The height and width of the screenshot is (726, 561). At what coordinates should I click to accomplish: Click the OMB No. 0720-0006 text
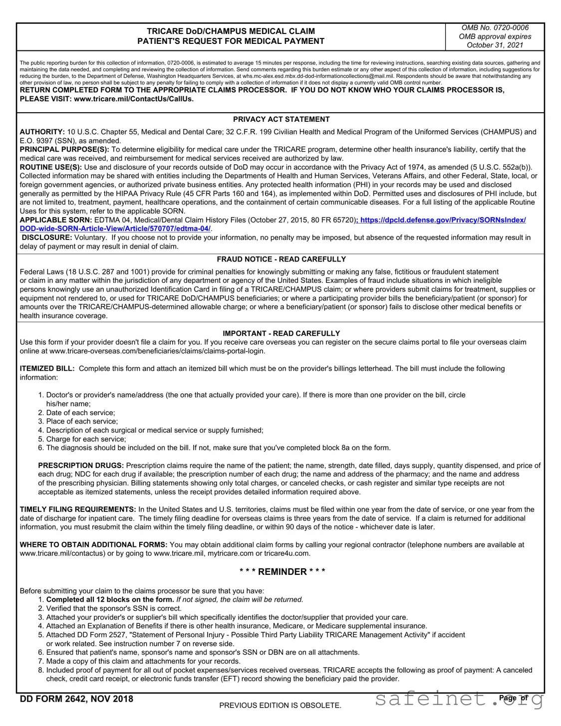(x=495, y=28)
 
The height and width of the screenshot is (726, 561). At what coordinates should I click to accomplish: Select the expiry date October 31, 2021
(x=495, y=45)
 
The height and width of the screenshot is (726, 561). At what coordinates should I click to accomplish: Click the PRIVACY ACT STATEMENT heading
(x=281, y=119)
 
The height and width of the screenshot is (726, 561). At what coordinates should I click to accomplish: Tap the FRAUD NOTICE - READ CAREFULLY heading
(x=281, y=259)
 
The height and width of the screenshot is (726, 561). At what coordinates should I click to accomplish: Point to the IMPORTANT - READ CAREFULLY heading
(x=281, y=333)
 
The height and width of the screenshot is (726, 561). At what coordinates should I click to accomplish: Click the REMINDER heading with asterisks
(x=282, y=572)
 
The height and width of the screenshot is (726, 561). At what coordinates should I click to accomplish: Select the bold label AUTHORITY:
(x=42, y=132)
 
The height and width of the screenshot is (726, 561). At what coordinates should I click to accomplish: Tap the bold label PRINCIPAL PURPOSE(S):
(x=64, y=150)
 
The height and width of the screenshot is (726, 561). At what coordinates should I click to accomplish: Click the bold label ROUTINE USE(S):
(x=51, y=167)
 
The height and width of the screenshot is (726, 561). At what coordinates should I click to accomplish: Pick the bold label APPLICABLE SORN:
(x=56, y=220)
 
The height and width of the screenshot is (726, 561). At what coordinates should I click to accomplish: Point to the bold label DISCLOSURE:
(x=47, y=238)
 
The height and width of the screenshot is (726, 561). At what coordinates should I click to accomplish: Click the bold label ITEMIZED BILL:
(x=47, y=369)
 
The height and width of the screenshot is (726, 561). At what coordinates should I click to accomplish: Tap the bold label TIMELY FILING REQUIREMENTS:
(x=78, y=509)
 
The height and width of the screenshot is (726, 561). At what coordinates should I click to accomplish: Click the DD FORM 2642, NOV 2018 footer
(x=76, y=699)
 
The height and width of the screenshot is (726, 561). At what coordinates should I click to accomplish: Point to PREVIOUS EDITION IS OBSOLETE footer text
(x=280, y=706)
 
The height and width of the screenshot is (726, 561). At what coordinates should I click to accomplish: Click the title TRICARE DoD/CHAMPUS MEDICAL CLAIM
(x=231, y=31)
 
